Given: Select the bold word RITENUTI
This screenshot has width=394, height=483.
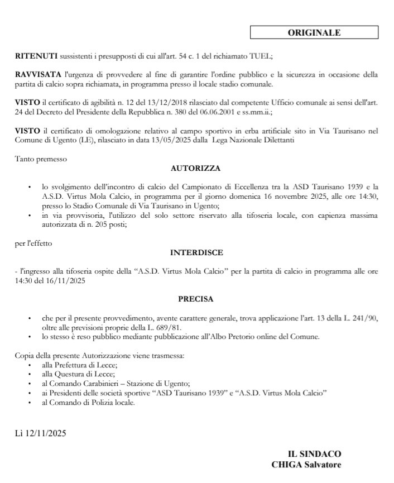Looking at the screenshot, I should [x=36, y=56].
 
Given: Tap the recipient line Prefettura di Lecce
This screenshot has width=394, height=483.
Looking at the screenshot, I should [x=75, y=364].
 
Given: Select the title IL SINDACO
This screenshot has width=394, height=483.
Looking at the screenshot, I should [x=314, y=455].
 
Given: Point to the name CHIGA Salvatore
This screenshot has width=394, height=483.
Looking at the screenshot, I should [x=306, y=465].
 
